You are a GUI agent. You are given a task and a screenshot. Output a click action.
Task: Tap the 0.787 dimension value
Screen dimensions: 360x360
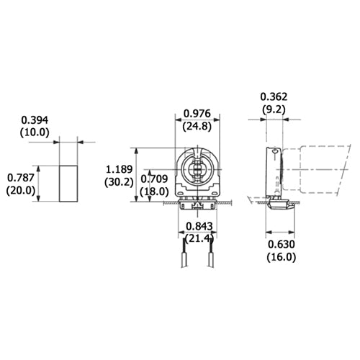(20, 176)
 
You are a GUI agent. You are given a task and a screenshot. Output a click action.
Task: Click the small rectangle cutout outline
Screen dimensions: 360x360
(68, 183)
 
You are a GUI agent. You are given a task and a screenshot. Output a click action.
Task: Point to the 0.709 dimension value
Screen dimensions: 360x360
(154, 179)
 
